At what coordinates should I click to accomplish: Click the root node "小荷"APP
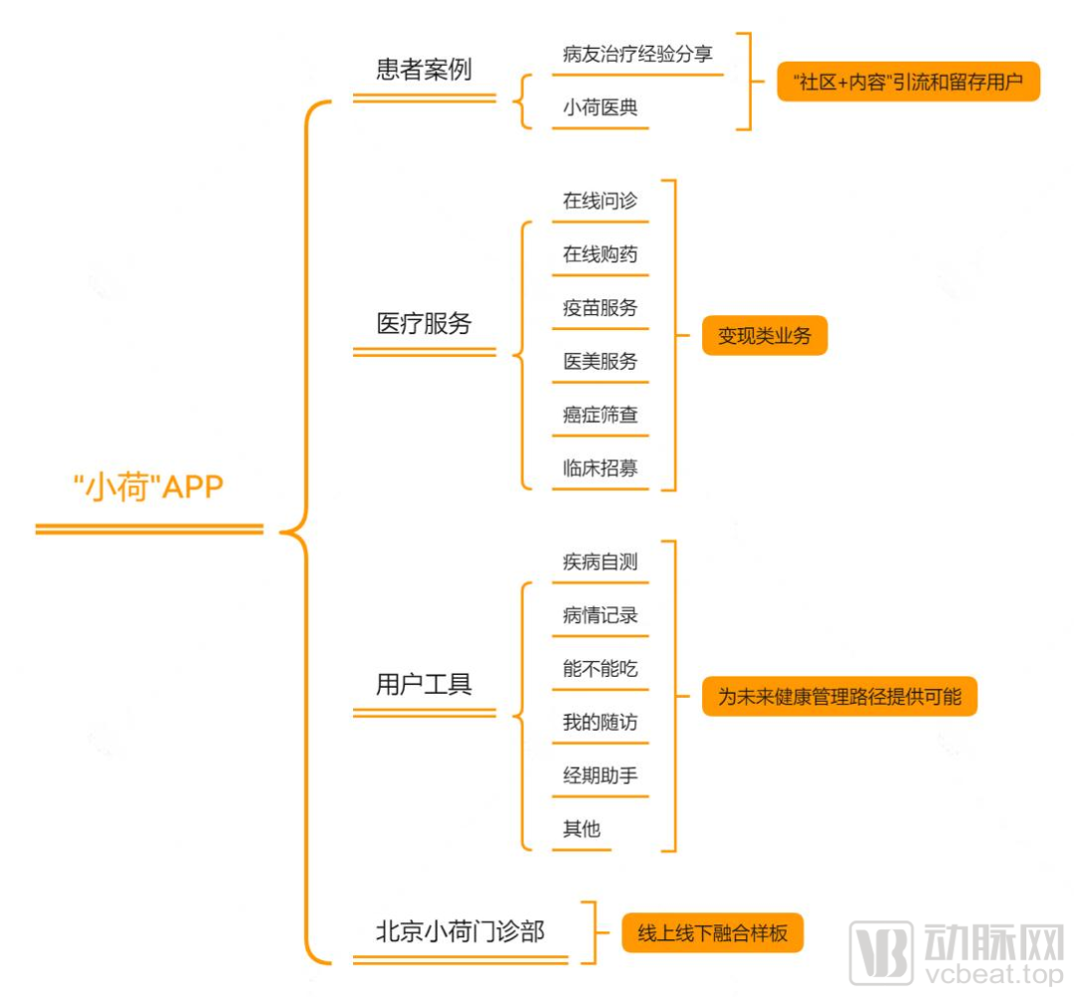coord(149,488)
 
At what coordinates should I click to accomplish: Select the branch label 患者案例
coord(424,70)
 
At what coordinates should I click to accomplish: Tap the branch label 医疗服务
coord(424,324)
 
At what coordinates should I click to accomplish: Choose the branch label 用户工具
coord(424,684)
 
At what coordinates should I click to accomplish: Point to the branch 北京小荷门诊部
coord(459,932)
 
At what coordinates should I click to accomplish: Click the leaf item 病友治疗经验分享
coord(637,55)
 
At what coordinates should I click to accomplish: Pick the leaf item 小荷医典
coord(600,108)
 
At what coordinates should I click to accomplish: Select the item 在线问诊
coord(600,201)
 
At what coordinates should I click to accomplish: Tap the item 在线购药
coord(600,254)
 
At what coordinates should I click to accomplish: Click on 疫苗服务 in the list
coord(600,308)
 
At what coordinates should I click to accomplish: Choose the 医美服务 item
coord(600,362)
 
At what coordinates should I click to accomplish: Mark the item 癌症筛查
coord(600,415)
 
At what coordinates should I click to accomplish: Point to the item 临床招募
coord(600,468)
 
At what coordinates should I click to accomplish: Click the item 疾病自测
coord(600,563)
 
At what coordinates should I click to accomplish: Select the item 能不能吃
coord(600,669)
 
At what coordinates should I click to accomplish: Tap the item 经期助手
coord(600,776)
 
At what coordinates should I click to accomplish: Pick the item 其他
coord(582,829)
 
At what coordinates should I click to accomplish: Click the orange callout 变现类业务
coord(764,336)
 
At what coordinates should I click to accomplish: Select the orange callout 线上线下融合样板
coord(712,933)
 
